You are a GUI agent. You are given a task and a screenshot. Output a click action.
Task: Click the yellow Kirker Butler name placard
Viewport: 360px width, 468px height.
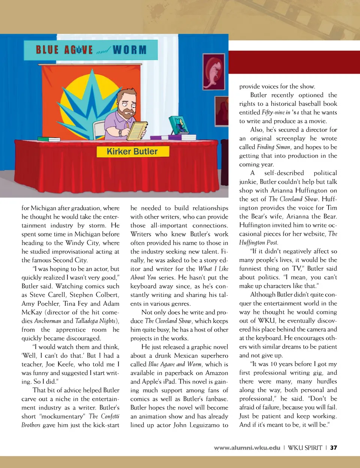[132, 151]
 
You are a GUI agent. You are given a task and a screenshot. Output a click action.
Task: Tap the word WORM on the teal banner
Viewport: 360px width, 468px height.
[129, 50]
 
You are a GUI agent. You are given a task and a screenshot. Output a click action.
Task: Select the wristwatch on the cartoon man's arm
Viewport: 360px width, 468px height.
[120, 132]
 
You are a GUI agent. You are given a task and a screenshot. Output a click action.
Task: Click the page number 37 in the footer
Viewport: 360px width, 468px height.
[333, 448]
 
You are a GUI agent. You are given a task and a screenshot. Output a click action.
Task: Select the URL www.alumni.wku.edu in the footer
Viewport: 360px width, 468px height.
[247, 448]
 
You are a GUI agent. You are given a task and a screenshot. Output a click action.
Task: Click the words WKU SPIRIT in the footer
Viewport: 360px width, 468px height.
[305, 448]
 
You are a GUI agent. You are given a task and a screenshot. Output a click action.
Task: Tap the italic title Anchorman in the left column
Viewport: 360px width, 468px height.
[48, 321]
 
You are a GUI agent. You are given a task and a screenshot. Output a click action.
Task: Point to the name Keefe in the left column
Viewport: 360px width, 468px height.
[64, 364]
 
